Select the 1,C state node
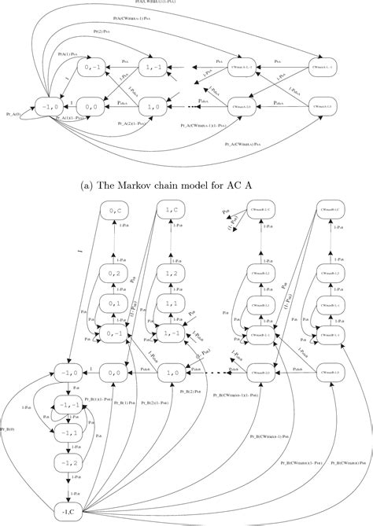(173, 211)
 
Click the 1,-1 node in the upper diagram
(154, 69)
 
